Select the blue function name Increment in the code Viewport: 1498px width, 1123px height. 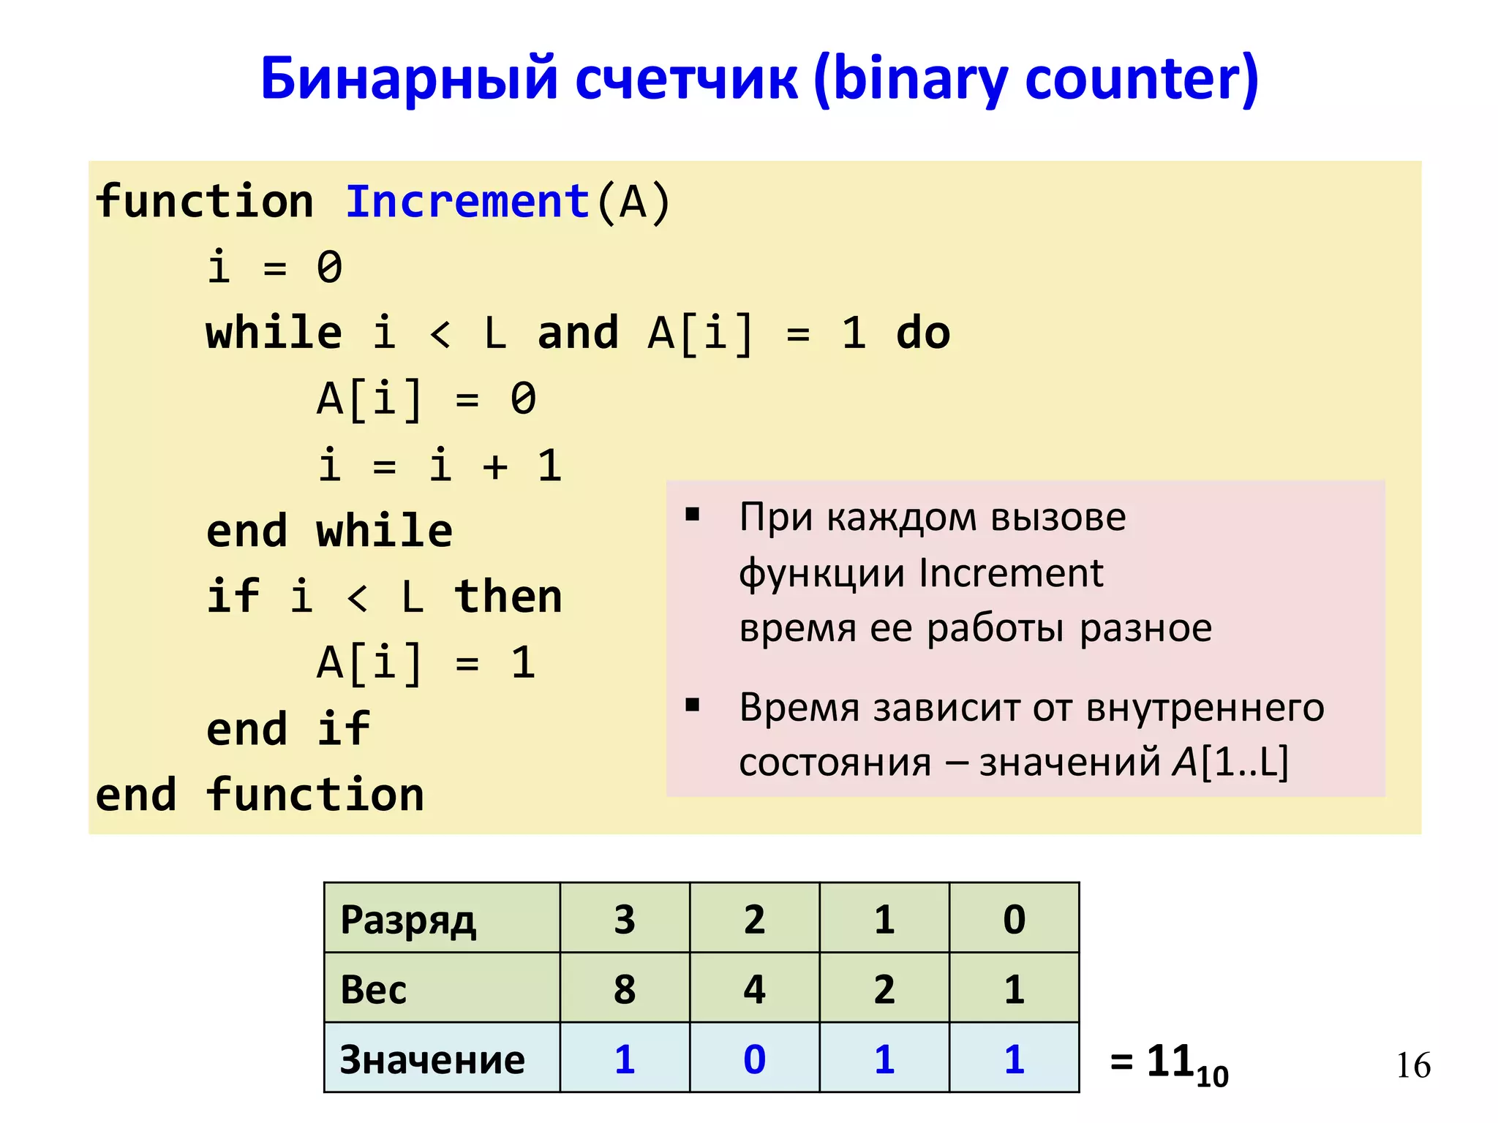[x=467, y=202]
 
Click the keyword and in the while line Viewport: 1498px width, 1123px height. [x=578, y=333]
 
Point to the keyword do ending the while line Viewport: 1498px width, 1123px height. [x=922, y=333]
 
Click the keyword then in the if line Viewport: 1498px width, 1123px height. [x=508, y=597]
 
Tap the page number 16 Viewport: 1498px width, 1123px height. [x=1412, y=1065]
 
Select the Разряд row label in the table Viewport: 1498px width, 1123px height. [x=408, y=919]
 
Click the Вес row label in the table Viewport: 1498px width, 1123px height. [x=373, y=989]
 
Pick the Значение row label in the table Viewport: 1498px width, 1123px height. [x=432, y=1059]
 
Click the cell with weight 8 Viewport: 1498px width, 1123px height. [x=625, y=989]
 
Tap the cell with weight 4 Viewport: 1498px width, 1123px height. [x=754, y=989]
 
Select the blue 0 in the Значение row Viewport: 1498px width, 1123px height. [x=754, y=1059]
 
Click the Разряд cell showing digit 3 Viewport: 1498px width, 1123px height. [x=625, y=919]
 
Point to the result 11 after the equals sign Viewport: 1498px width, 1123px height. [x=1170, y=1061]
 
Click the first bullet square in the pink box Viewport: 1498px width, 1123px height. [x=692, y=515]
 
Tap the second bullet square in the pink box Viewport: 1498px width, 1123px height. [x=692, y=706]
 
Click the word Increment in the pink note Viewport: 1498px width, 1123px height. [x=1010, y=573]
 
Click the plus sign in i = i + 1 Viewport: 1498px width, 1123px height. [x=495, y=466]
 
